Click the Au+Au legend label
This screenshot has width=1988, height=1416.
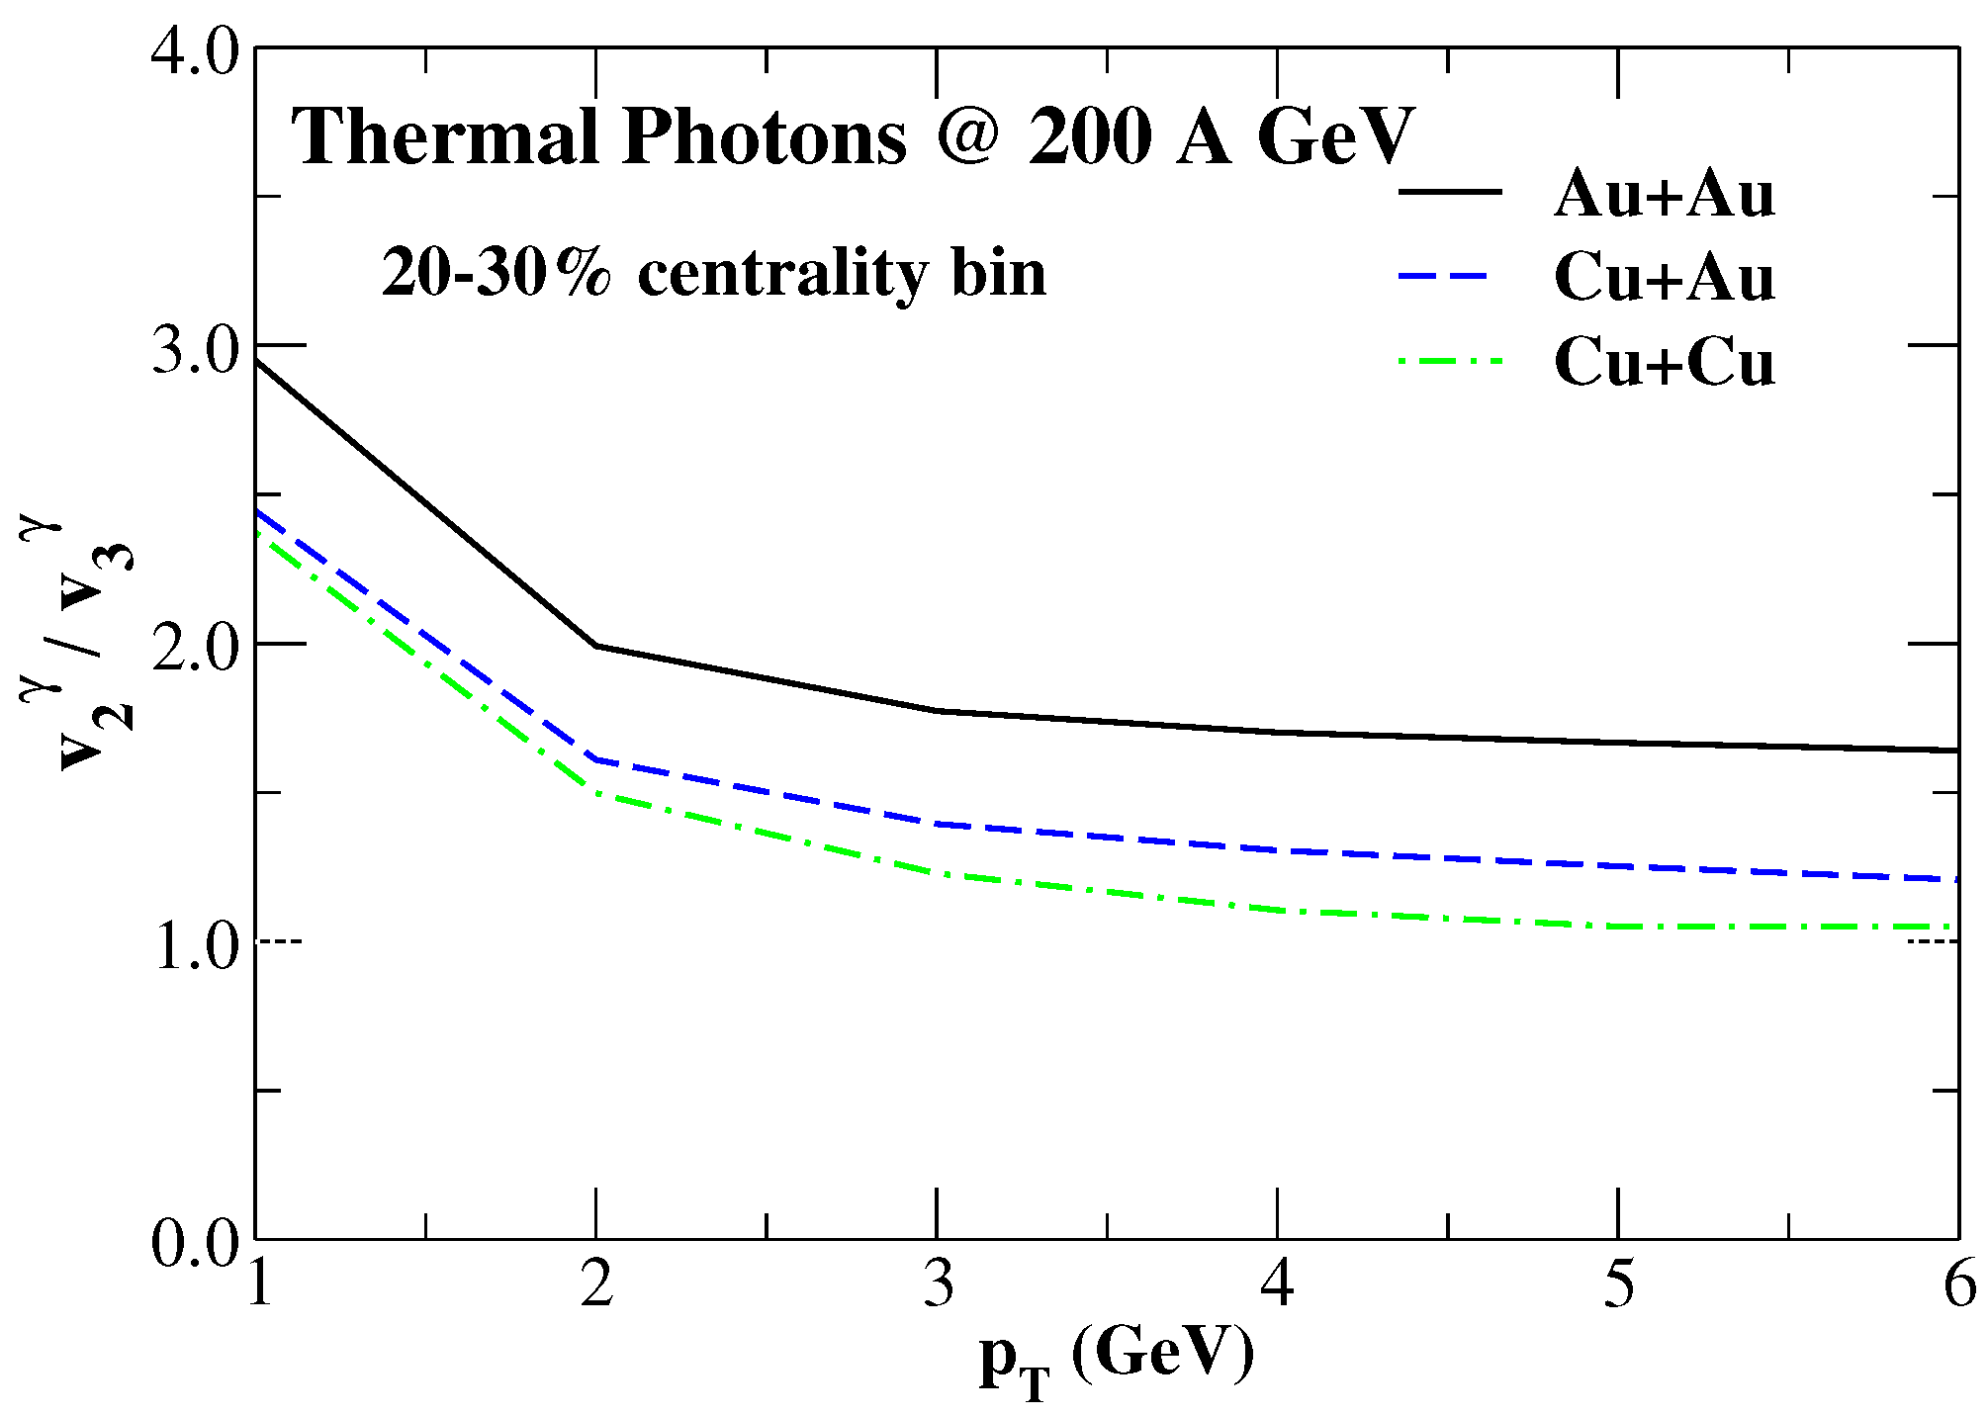(1664, 194)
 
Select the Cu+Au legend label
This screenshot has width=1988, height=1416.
(1664, 278)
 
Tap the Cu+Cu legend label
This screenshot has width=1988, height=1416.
(1664, 362)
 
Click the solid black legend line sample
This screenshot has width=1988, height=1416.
(1449, 191)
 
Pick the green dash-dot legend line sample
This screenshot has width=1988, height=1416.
(1449, 361)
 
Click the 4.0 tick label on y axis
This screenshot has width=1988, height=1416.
(195, 49)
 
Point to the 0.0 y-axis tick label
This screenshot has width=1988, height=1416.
(195, 1242)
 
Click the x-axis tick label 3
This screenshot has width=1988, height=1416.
(938, 1285)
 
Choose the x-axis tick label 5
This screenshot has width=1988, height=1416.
(1618, 1285)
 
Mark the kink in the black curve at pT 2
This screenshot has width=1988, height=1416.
(595, 646)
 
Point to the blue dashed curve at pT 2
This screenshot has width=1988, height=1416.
(595, 759)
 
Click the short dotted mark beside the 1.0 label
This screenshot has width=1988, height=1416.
(280, 941)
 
